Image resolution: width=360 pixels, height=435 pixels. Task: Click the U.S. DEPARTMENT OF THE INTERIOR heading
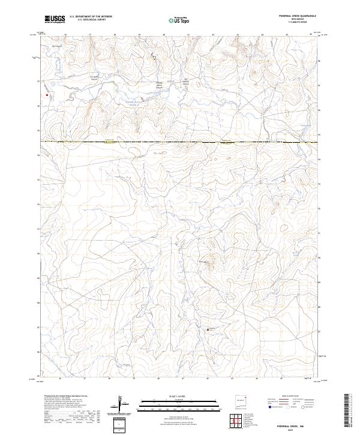91,17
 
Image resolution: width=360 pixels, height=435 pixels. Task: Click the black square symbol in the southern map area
208,329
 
